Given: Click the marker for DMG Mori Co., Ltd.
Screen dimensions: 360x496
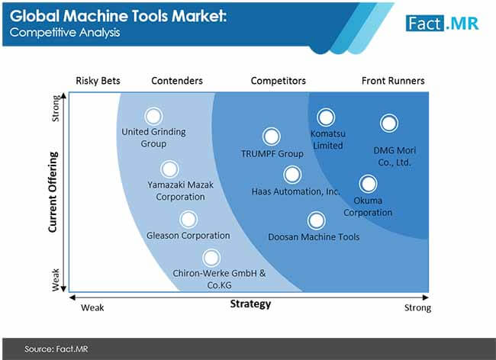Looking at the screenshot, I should click(x=388, y=123).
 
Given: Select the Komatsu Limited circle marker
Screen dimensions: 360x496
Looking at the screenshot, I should click(x=327, y=117).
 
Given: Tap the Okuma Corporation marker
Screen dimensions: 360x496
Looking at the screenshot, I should click(x=368, y=184).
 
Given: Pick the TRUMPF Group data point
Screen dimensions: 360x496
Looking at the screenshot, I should click(x=271, y=137).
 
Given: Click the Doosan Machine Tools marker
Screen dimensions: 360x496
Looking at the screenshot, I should click(x=316, y=220).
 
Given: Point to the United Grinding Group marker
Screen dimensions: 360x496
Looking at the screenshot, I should click(x=153, y=116).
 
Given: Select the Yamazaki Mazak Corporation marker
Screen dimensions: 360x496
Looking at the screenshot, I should click(x=169, y=169).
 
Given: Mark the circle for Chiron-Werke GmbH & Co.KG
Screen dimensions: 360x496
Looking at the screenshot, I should click(x=211, y=257).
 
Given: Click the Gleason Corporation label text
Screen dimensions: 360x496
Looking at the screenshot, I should click(x=188, y=236).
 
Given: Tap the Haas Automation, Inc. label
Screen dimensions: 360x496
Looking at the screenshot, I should click(x=296, y=191).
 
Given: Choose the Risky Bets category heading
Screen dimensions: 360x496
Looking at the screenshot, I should click(x=98, y=81).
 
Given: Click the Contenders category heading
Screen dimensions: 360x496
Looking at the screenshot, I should click(x=177, y=81).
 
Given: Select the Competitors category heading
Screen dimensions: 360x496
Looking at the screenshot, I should click(x=278, y=81).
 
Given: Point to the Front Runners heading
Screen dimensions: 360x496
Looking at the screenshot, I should click(x=393, y=81).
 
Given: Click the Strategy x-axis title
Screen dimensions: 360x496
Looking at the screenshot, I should click(x=250, y=304).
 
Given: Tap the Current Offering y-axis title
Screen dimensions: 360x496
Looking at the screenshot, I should click(x=53, y=190).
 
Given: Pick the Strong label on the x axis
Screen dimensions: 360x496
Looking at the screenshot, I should click(x=417, y=308).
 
